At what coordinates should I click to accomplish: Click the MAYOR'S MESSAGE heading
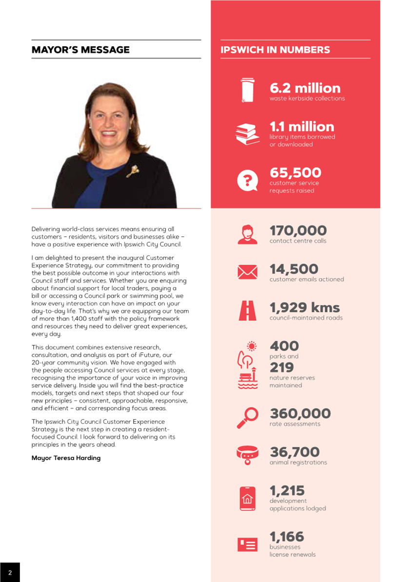(80, 50)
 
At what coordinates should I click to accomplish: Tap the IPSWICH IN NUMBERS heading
(275, 50)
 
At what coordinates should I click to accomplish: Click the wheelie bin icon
(248, 90)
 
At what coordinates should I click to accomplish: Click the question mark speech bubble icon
(247, 180)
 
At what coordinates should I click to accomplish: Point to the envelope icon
(247, 272)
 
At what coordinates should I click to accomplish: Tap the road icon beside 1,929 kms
(247, 310)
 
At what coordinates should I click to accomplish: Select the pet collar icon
(247, 454)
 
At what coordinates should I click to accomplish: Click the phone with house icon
(247, 498)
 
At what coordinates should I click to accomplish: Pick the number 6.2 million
(305, 88)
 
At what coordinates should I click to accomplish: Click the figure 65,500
(295, 173)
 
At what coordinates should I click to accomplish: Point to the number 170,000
(298, 231)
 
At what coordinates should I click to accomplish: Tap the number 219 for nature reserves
(282, 368)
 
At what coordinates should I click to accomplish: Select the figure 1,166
(287, 537)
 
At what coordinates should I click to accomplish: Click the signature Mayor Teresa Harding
(66, 458)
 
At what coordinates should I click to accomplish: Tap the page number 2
(10, 573)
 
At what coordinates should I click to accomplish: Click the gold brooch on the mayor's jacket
(132, 171)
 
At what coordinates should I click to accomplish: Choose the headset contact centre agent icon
(247, 234)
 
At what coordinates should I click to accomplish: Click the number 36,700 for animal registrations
(294, 452)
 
